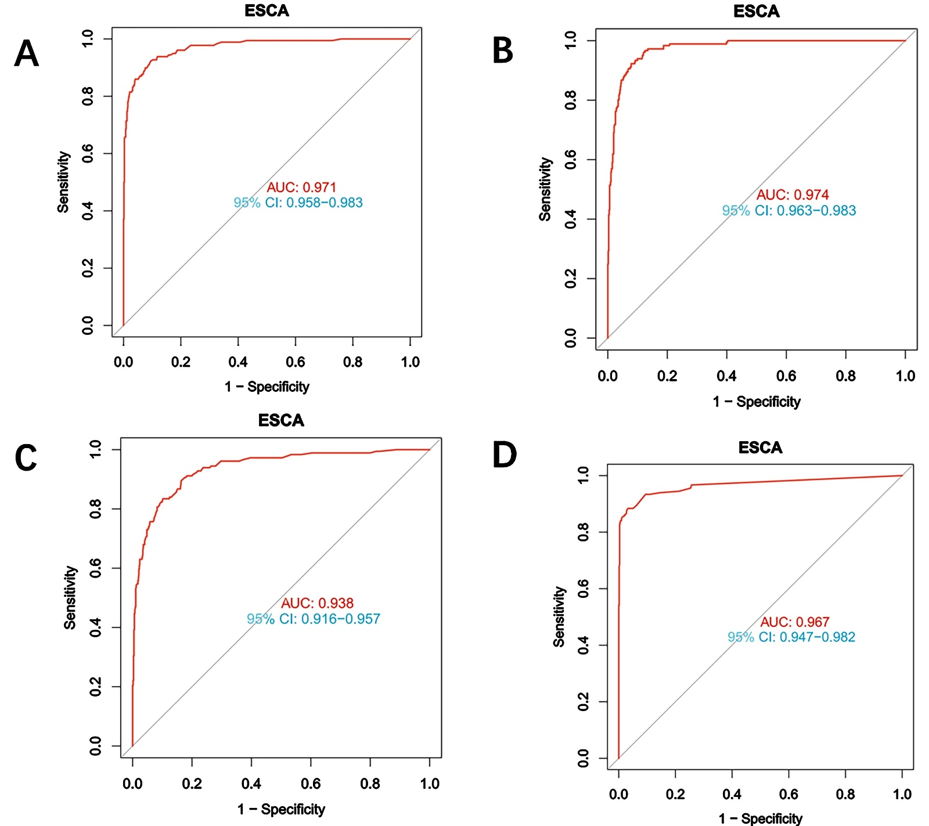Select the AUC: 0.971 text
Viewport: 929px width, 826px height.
(x=301, y=187)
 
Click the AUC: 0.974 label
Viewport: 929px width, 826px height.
(x=792, y=195)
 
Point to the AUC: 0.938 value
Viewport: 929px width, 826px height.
(x=317, y=604)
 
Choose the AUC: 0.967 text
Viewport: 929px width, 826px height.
(x=795, y=622)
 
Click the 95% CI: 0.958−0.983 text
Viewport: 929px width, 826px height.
(x=298, y=203)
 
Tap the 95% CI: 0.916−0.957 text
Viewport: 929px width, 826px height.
(x=314, y=619)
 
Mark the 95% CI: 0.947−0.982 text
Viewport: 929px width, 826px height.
(x=791, y=637)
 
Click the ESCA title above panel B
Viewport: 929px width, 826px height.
(x=756, y=12)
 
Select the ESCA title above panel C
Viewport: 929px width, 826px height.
(x=281, y=420)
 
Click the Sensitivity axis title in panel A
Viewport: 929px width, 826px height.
(x=63, y=182)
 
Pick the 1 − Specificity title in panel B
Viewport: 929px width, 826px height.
(x=757, y=402)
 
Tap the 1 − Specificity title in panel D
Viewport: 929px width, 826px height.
(x=760, y=818)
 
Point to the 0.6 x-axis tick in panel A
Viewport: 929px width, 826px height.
(x=295, y=362)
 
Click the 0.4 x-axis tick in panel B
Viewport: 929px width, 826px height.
(x=726, y=376)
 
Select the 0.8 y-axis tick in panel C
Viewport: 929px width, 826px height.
(x=95, y=509)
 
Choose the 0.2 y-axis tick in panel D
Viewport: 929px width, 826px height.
(x=583, y=702)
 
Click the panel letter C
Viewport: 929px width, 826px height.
(x=26, y=457)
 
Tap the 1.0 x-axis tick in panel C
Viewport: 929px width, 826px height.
(x=430, y=784)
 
